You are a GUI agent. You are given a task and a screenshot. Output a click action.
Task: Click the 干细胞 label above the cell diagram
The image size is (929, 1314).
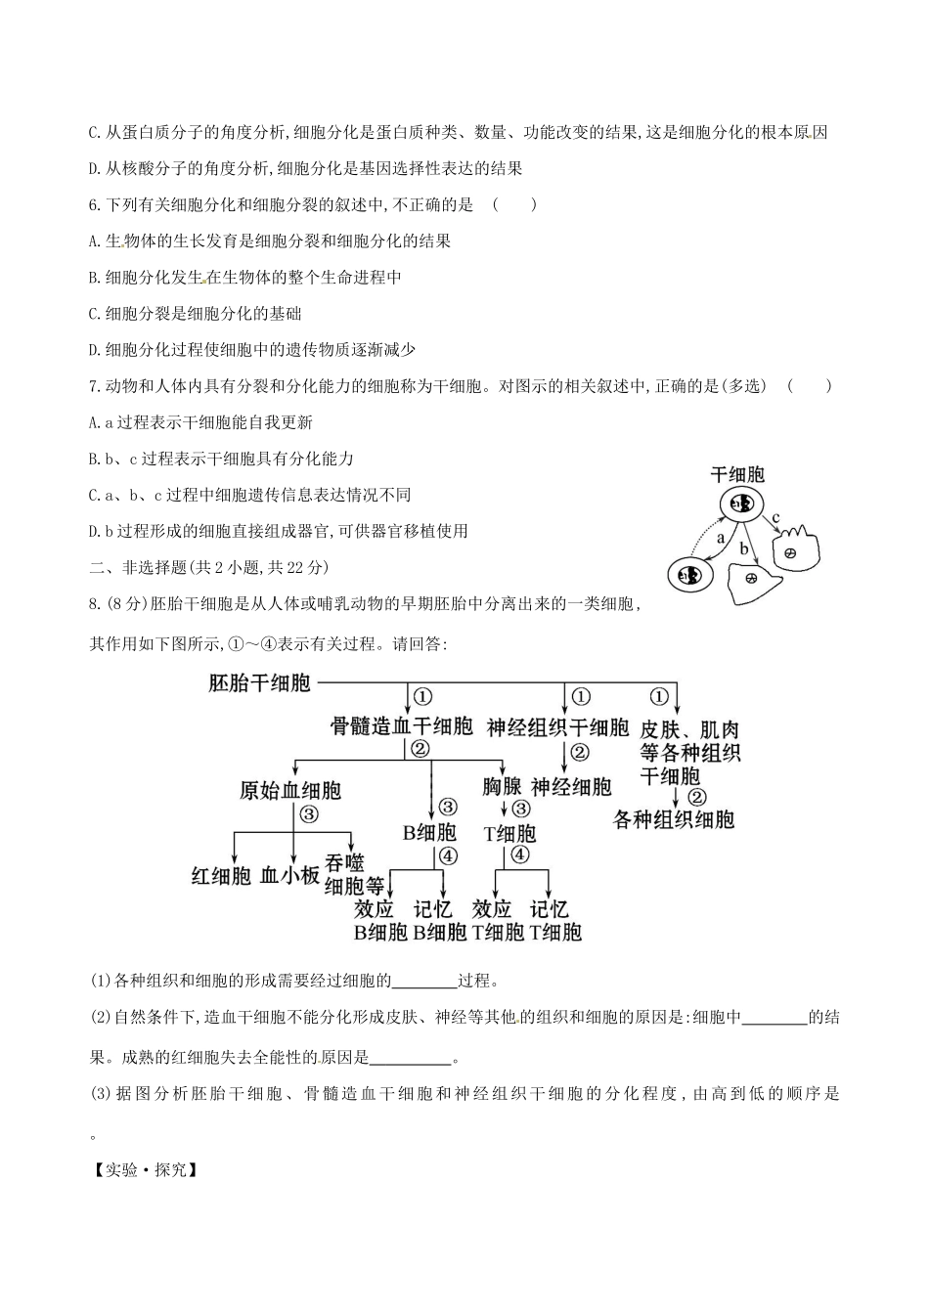tap(737, 475)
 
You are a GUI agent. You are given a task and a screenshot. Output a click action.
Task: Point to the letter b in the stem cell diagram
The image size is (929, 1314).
tap(743, 549)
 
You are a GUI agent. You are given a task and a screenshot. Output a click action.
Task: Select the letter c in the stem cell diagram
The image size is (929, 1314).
tap(775, 517)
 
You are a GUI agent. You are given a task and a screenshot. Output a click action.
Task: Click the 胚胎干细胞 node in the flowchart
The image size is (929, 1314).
tap(259, 682)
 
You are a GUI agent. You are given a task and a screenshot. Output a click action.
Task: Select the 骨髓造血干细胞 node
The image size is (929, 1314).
tap(401, 725)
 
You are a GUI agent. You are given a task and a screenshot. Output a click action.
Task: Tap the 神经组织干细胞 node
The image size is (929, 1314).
tap(558, 727)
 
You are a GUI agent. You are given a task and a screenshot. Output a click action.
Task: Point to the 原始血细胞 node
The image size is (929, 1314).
tap(290, 790)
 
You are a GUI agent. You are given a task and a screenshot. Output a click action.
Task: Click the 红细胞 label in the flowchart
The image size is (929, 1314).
tap(221, 875)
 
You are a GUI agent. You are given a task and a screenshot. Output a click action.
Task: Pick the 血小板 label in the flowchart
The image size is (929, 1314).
tap(290, 875)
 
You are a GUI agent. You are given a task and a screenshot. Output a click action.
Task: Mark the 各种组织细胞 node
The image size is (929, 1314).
tap(674, 819)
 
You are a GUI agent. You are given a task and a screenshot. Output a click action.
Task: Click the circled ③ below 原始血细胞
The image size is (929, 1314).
tap(309, 813)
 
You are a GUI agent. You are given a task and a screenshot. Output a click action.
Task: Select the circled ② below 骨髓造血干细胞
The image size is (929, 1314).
tap(420, 749)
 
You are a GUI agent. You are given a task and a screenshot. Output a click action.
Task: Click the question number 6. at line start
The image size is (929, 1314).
tap(95, 204)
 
